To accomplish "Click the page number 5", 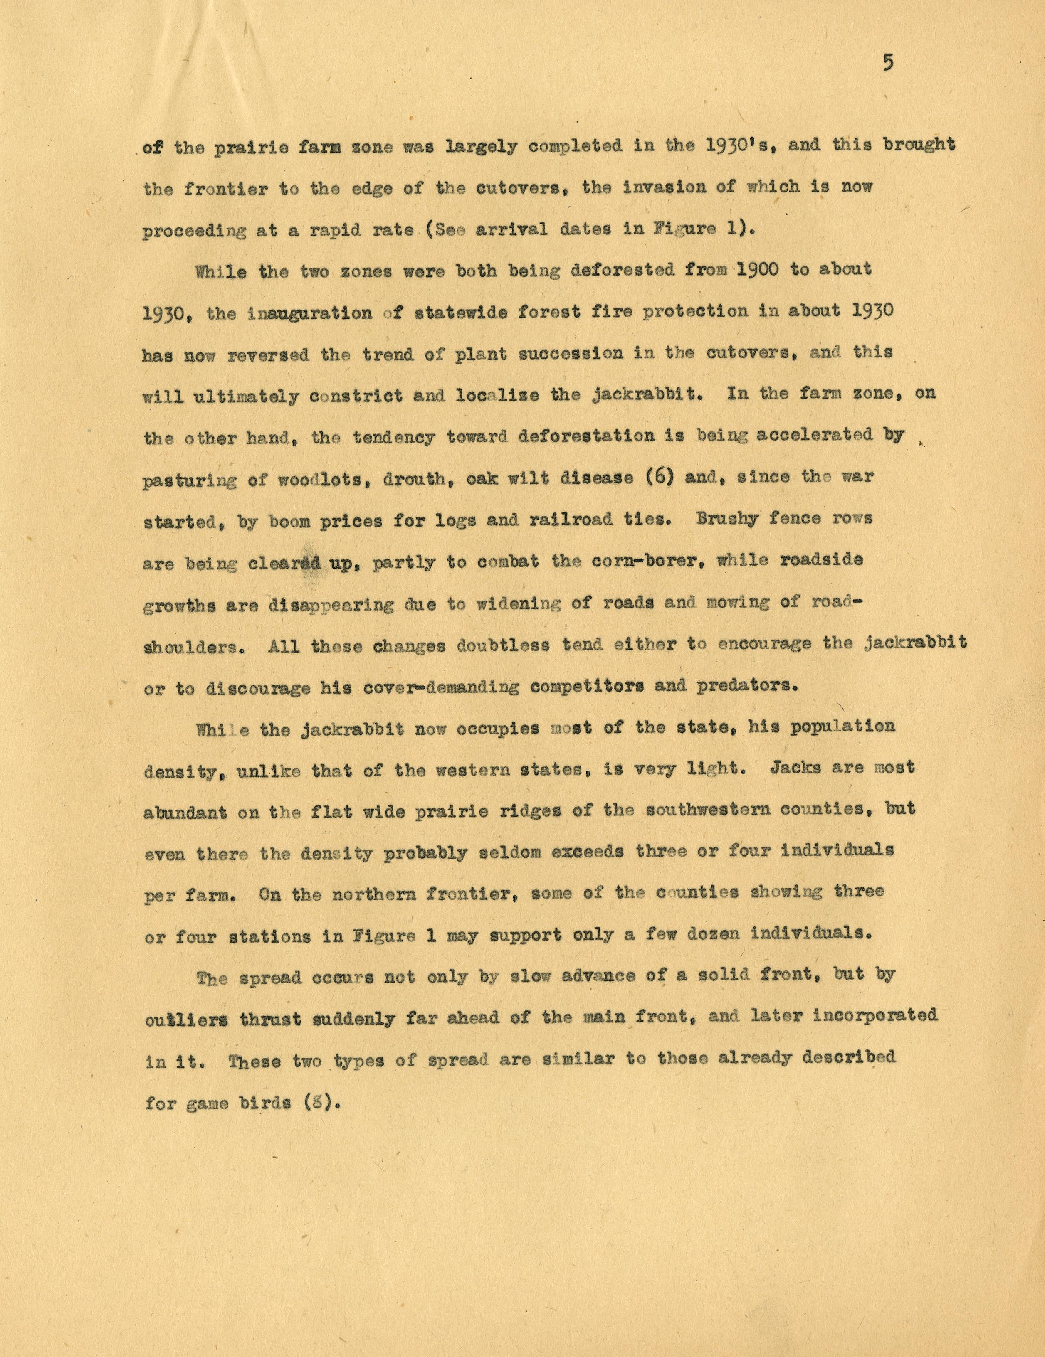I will pyautogui.click(x=888, y=63).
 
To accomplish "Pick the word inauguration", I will pyautogui.click(x=309, y=313).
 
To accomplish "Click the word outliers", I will pyautogui.click(x=185, y=1020).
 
